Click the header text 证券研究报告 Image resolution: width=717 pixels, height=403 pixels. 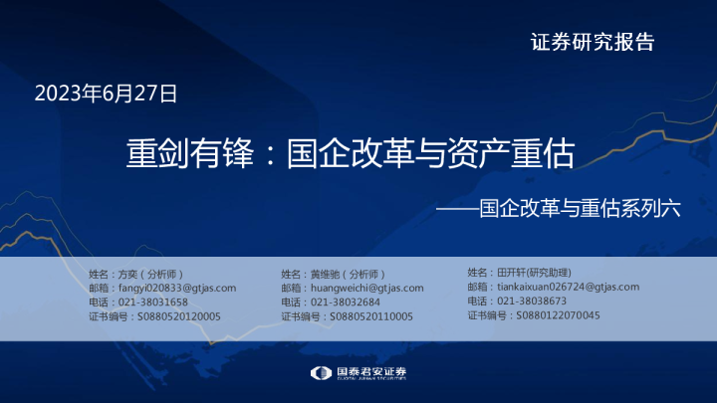pos(593,42)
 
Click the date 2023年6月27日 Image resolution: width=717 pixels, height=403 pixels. pos(106,95)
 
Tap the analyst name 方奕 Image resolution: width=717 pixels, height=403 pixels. pos(127,273)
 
